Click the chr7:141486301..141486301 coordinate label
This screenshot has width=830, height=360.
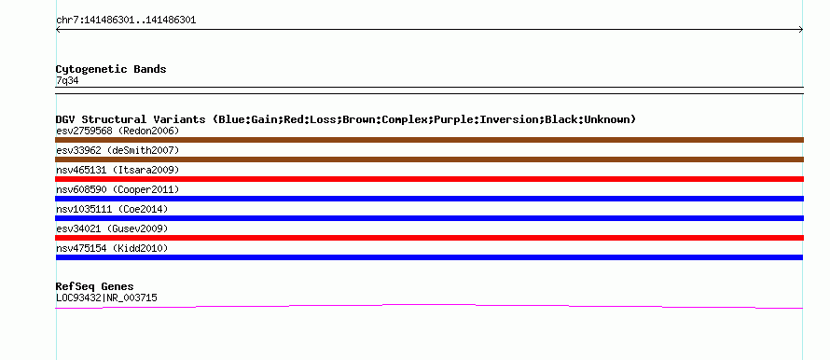[126, 21]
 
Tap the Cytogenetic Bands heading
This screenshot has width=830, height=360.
[111, 69]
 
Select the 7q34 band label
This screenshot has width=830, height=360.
[67, 81]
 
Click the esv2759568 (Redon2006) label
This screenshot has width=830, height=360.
[118, 131]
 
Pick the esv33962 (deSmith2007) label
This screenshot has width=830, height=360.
[118, 150]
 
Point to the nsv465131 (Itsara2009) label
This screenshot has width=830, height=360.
[118, 170]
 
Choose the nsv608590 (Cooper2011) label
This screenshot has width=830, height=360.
[118, 189]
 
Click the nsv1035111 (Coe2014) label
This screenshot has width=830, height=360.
[112, 209]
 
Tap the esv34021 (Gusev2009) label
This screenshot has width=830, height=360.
[112, 228]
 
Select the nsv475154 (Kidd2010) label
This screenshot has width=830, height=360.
[112, 248]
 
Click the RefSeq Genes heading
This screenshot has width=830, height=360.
[95, 286]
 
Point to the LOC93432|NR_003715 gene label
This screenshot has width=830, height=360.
[106, 298]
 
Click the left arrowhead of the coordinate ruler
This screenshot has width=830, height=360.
[56, 30]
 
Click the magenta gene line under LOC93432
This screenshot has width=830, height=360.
[429, 305]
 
